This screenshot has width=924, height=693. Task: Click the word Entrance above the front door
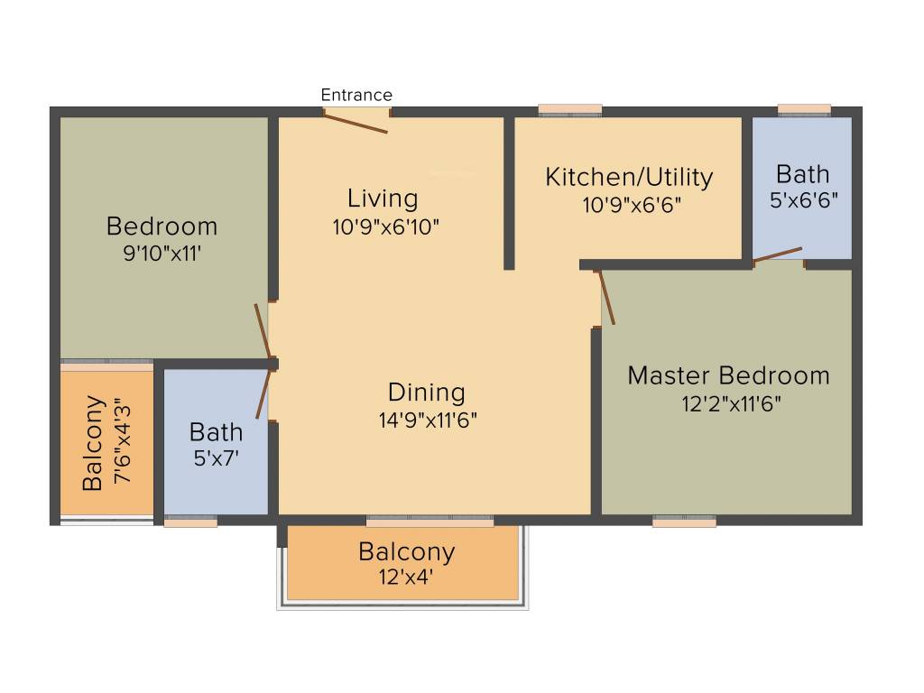pyautogui.click(x=356, y=95)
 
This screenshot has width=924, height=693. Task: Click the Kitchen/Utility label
pyautogui.click(x=629, y=177)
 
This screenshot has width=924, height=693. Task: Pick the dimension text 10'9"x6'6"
pyautogui.click(x=631, y=205)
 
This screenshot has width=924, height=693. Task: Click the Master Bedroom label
pyautogui.click(x=728, y=375)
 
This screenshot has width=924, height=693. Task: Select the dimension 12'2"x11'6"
pyautogui.click(x=730, y=402)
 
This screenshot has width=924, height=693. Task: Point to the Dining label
pyautogui.click(x=427, y=393)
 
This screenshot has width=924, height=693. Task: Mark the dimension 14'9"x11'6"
pyautogui.click(x=428, y=420)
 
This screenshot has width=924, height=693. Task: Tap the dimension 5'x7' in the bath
pyautogui.click(x=216, y=458)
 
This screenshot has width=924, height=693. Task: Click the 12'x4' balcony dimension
pyautogui.click(x=406, y=577)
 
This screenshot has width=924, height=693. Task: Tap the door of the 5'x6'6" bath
pyautogui.click(x=777, y=254)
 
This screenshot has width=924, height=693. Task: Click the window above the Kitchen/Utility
pyautogui.click(x=570, y=109)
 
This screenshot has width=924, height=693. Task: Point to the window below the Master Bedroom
pyautogui.click(x=684, y=521)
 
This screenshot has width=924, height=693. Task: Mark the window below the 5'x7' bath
pyautogui.click(x=191, y=521)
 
